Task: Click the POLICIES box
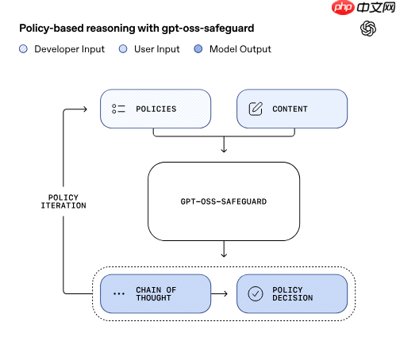coord(156,109)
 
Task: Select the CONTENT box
coord(292,109)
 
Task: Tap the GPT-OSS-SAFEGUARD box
coord(224,201)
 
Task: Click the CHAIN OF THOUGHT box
coord(156,293)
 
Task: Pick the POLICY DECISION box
coord(292,293)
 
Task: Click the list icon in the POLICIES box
coord(119,109)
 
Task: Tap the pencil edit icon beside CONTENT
coord(256,109)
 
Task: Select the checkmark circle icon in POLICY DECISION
coord(256,293)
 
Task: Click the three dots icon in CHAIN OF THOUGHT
coord(119,293)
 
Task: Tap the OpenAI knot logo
coord(368,29)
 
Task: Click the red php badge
coord(320,9)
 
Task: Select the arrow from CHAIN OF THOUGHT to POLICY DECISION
coord(223,293)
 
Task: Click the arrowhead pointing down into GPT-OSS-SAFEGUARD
coord(224,149)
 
